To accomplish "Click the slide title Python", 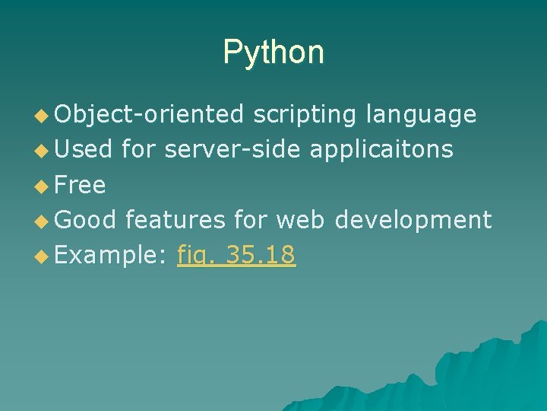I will click(x=273, y=53).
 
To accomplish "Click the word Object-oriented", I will click(x=149, y=115).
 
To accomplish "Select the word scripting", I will click(x=304, y=115).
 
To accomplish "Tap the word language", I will click(x=421, y=115).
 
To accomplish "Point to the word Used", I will click(x=84, y=150).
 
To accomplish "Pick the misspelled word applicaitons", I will click(x=381, y=150).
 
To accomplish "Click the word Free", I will click(x=81, y=185).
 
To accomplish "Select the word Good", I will click(x=86, y=220).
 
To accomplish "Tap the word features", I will click(x=175, y=220).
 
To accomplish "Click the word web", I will click(x=300, y=220).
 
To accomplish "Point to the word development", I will click(x=413, y=220).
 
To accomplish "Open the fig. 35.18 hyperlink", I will click(x=236, y=255).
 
